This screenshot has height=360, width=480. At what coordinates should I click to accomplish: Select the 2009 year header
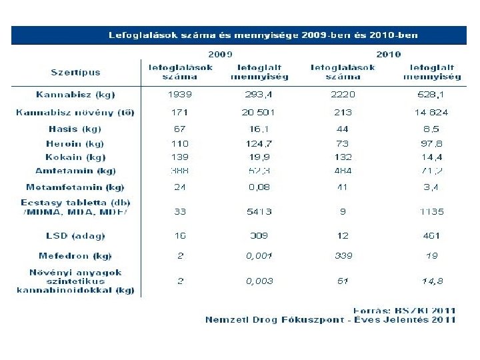coord(220,54)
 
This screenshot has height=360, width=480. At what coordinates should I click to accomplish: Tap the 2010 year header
coord(388,54)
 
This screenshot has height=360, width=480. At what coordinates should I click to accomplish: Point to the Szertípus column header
coord(75,71)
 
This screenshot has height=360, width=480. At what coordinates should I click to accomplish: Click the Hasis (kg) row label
coord(75,129)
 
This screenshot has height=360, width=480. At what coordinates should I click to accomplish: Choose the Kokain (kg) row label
coord(75,157)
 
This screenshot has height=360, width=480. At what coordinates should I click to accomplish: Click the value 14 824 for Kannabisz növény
coord(432,112)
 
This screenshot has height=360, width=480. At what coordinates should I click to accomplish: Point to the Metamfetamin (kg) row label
coord(75,187)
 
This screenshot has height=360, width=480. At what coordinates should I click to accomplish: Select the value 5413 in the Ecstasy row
coord(259,212)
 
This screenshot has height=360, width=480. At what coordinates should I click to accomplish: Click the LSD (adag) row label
coord(75,235)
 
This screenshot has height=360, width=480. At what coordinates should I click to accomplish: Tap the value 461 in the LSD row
coord(432,235)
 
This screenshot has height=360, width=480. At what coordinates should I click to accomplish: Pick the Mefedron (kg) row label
coord(75,255)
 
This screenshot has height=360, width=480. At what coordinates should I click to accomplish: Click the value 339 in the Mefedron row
coord(343,255)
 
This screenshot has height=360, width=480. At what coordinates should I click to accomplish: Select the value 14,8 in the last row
coord(432,281)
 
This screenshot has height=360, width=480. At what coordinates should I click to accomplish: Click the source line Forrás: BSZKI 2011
coord(404,309)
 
